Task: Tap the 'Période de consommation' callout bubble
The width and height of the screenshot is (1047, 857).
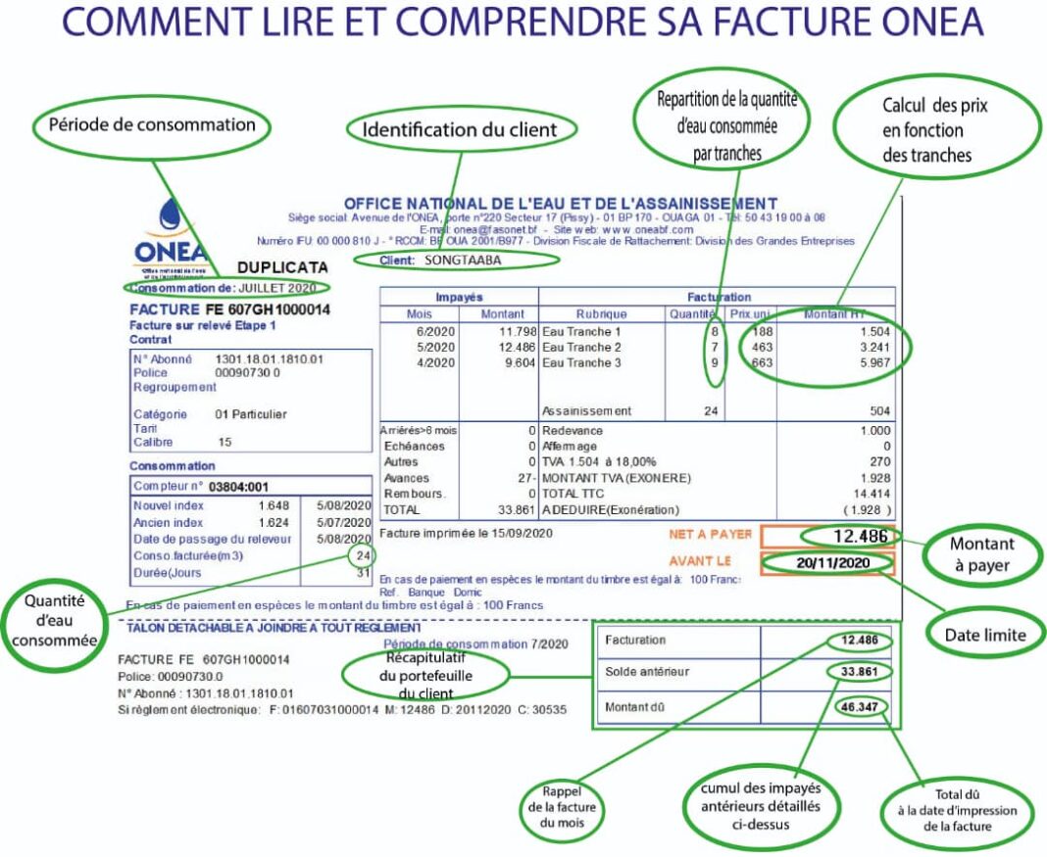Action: click(x=152, y=124)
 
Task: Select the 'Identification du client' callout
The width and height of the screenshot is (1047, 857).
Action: click(x=460, y=129)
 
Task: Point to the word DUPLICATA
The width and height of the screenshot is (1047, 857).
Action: click(x=281, y=267)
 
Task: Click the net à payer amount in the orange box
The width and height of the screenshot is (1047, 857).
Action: click(x=847, y=536)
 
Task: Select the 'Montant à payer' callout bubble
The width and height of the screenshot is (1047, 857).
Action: click(x=981, y=554)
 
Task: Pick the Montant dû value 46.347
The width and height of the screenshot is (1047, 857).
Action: click(x=864, y=707)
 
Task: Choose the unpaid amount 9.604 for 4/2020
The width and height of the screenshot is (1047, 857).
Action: click(x=514, y=363)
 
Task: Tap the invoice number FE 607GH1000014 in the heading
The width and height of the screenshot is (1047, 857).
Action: click(x=269, y=309)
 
